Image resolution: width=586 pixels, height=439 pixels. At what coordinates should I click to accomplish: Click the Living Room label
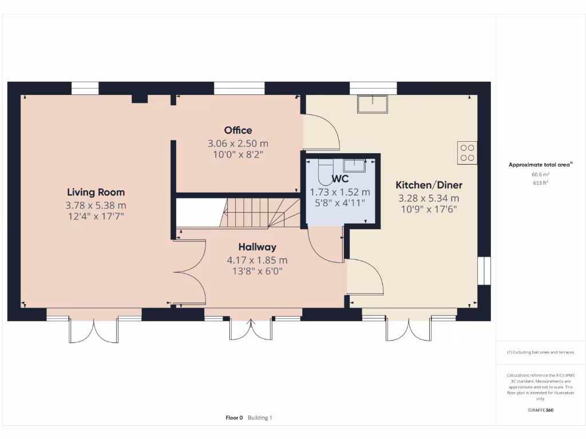point(96,192)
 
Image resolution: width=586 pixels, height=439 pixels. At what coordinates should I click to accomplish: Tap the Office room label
point(238,130)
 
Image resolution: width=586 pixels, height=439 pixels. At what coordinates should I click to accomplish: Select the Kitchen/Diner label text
point(429,185)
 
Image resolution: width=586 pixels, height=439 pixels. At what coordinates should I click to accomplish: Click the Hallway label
point(258,247)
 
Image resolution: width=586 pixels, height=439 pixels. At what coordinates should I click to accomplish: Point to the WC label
point(340,180)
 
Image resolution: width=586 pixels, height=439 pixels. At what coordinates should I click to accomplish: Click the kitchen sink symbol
point(372,104)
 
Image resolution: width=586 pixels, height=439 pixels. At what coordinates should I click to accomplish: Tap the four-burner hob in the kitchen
point(467,152)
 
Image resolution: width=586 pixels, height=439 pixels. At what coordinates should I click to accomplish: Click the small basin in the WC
point(354,165)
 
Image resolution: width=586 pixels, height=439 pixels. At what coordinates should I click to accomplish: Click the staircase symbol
point(260,213)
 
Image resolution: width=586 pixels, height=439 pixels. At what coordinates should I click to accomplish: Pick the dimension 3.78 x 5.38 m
point(96,205)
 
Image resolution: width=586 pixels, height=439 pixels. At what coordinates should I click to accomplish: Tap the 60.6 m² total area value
point(540,175)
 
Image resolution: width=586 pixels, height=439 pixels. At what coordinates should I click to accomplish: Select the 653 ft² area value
point(540,183)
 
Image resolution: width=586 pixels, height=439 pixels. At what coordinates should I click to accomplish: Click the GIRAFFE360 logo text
point(540,410)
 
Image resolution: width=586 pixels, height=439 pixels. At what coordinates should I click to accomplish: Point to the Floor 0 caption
point(234,418)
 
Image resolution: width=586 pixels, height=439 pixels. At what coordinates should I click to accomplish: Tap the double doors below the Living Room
point(94,329)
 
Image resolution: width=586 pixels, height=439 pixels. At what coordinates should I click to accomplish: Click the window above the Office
point(239,88)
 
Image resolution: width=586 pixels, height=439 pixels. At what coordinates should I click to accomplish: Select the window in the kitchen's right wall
point(484,270)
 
